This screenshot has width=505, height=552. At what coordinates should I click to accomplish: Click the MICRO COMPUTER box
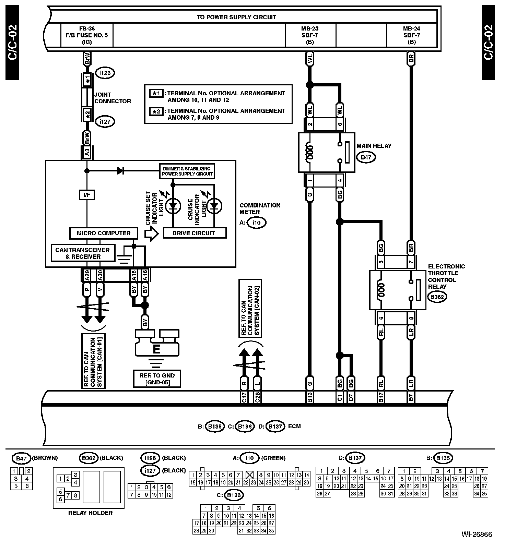pyautogui.click(x=103, y=233)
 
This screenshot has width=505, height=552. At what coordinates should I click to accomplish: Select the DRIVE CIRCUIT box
pyautogui.click(x=194, y=233)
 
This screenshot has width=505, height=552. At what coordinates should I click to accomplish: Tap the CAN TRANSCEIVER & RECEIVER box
pyautogui.click(x=82, y=253)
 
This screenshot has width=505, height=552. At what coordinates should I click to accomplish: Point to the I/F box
pyautogui.click(x=87, y=195)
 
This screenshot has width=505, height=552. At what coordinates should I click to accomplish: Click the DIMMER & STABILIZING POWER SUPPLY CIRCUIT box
pyautogui.click(x=187, y=171)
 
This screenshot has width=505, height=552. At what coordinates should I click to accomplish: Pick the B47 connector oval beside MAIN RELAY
pyautogui.click(x=366, y=157)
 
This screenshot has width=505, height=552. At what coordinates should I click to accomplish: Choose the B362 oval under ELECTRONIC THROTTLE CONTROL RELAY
pyautogui.click(x=437, y=297)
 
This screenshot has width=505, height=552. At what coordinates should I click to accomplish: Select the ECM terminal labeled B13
pyautogui.click(x=309, y=397)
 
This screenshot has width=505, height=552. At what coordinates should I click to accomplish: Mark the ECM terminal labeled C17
pyautogui.click(x=244, y=397)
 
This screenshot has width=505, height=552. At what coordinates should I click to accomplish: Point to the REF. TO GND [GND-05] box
pyautogui.click(x=157, y=379)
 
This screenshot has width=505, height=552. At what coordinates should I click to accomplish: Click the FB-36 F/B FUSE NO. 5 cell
pyautogui.click(x=87, y=35)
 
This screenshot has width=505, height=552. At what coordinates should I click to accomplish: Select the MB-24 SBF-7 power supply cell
pyautogui.click(x=411, y=35)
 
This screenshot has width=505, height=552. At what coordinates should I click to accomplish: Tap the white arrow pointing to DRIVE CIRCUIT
pyautogui.click(x=151, y=233)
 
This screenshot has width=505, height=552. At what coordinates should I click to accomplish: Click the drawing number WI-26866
pyautogui.click(x=477, y=535)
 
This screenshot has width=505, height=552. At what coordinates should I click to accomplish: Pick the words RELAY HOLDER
pyautogui.click(x=90, y=513)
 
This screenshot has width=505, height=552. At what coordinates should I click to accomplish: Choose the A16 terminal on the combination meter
pyautogui.click(x=145, y=275)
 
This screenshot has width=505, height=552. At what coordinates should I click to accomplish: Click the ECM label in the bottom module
pyautogui.click(x=294, y=426)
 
